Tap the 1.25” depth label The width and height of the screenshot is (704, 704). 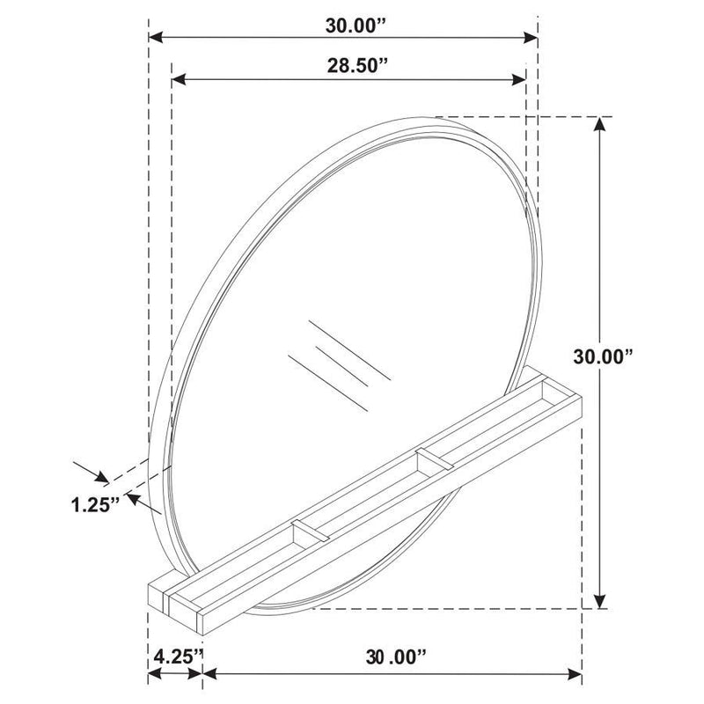(96, 506)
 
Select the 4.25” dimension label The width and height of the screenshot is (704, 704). (178, 656)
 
